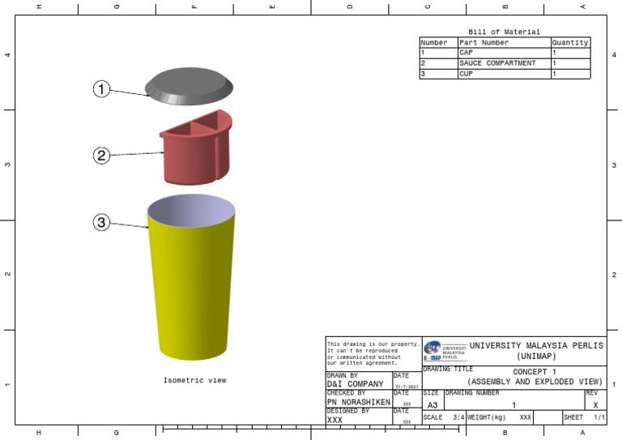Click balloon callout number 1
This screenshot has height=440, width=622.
tap(100, 90)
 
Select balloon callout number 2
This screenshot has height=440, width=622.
tap(100, 156)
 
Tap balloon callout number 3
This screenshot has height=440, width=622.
tap(100, 222)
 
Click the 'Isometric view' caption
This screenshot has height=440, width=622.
tap(194, 380)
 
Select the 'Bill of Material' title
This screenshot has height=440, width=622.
tap(504, 32)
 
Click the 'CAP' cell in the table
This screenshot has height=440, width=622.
tap(466, 53)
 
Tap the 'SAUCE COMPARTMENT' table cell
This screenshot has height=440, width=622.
tap(496, 63)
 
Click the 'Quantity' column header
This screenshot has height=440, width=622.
tap(569, 43)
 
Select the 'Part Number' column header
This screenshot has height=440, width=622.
tap(484, 43)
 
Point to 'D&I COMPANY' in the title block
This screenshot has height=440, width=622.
tap(355, 384)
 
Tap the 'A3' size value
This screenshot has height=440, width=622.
tap(432, 404)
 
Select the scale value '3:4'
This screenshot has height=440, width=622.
tap(458, 417)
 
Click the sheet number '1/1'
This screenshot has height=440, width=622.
tap(599, 417)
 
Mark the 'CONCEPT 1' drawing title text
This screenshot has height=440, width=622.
tap(535, 372)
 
